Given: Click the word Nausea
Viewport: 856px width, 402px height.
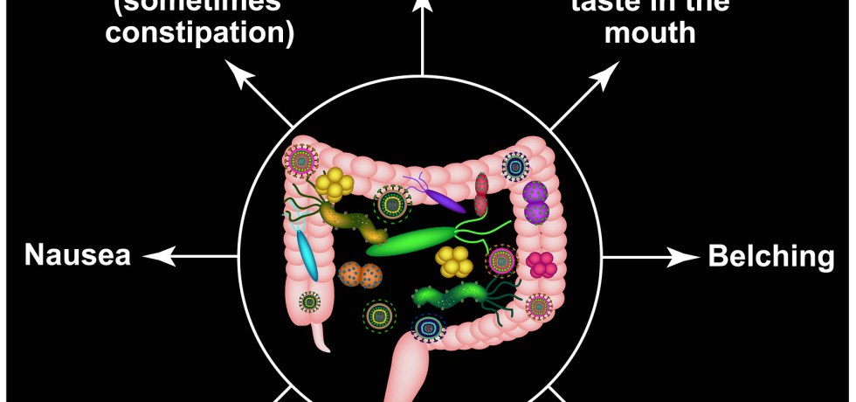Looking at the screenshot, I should pos(78,256).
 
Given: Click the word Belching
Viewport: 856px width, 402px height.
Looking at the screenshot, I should pos(770,256).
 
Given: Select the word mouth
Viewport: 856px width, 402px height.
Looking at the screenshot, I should pos(651,33).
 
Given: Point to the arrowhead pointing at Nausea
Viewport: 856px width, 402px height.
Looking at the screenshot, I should pos(151,256).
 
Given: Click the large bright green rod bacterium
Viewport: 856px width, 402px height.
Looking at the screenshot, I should pos(411,240).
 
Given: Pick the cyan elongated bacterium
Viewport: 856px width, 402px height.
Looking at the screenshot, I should pos(306,251).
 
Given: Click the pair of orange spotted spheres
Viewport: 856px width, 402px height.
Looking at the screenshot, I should pos(360,274).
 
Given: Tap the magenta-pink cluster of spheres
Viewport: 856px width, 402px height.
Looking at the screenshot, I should pos(542,264).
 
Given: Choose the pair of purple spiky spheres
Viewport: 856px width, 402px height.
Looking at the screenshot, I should pos(535,203).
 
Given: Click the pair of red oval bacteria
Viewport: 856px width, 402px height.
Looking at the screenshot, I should pos(481,194).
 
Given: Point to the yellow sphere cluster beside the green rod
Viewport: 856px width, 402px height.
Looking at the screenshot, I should pos(455,260).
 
